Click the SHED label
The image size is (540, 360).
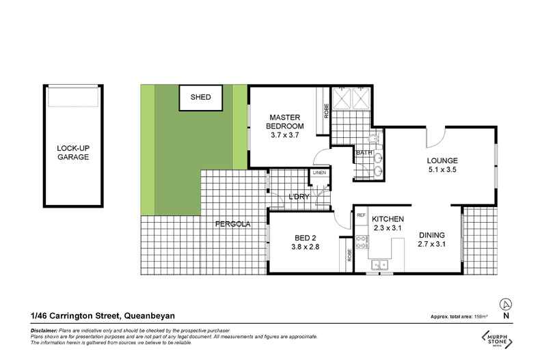tap(200, 97)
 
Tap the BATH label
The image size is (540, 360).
tap(363, 153)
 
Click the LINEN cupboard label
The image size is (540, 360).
tap(319, 174)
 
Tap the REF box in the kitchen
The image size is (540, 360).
tap(361, 216)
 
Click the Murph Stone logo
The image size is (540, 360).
tap(504, 338)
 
